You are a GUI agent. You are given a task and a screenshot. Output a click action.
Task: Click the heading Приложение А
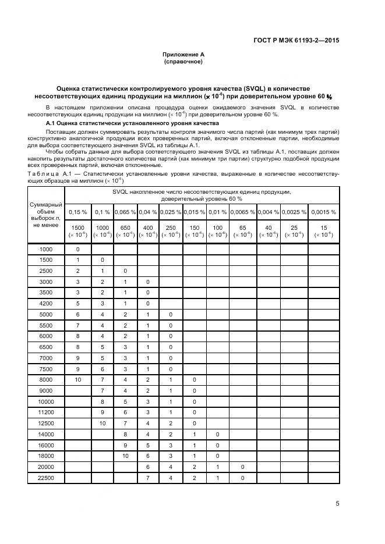point(183,54)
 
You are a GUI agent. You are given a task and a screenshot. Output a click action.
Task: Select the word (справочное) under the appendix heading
point(183,61)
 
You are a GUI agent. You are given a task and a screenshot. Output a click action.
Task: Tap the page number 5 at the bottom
point(337,504)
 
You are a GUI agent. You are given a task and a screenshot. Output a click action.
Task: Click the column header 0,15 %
point(77,212)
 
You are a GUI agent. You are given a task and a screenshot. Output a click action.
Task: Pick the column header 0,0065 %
point(242,212)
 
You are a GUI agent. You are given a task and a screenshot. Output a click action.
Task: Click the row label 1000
point(46,249)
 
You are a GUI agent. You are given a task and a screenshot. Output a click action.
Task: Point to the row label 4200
point(46,303)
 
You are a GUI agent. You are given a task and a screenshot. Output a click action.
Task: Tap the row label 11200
point(46,413)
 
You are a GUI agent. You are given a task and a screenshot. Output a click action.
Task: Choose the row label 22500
point(46,478)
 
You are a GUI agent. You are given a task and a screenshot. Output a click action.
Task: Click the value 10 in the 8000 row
point(77,380)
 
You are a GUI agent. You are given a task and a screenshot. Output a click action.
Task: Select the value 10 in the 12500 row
point(103,424)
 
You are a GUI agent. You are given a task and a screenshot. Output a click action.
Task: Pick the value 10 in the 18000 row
point(125,456)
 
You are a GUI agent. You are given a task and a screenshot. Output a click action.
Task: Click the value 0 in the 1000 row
point(77,249)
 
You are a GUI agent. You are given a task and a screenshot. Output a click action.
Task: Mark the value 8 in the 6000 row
point(77,336)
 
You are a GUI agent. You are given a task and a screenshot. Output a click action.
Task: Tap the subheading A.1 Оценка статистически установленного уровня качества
point(132,123)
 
